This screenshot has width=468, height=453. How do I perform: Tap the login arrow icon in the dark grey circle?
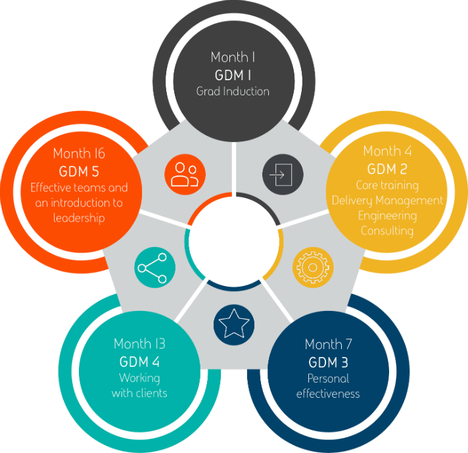(x=283, y=175)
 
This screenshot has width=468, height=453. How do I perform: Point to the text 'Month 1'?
(x=233, y=57)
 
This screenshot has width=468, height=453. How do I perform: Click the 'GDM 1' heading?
(x=233, y=74)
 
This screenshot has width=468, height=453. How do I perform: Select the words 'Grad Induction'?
(x=233, y=91)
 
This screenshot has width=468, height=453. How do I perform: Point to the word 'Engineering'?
(x=388, y=216)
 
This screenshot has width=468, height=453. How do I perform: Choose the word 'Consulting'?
(x=387, y=231)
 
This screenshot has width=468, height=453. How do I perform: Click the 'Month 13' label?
(x=139, y=344)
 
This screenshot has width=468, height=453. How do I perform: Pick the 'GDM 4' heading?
(x=139, y=362)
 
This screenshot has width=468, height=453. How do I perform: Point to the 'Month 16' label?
(x=79, y=154)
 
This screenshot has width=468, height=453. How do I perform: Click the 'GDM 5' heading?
(x=79, y=171)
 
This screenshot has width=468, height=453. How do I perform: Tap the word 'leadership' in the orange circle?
(x=79, y=218)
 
